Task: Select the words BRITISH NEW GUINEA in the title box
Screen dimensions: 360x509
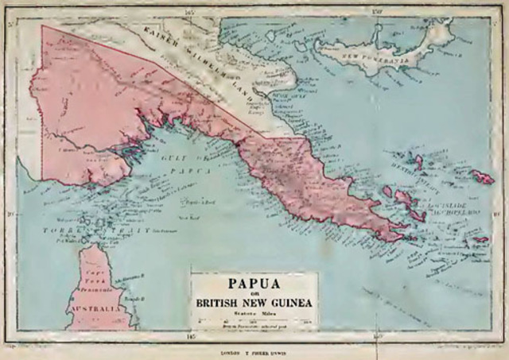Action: tap(252, 303)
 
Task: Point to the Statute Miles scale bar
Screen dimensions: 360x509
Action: tap(252, 320)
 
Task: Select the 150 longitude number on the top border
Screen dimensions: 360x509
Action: tap(377, 12)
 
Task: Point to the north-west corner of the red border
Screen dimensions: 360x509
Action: tap(42, 26)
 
